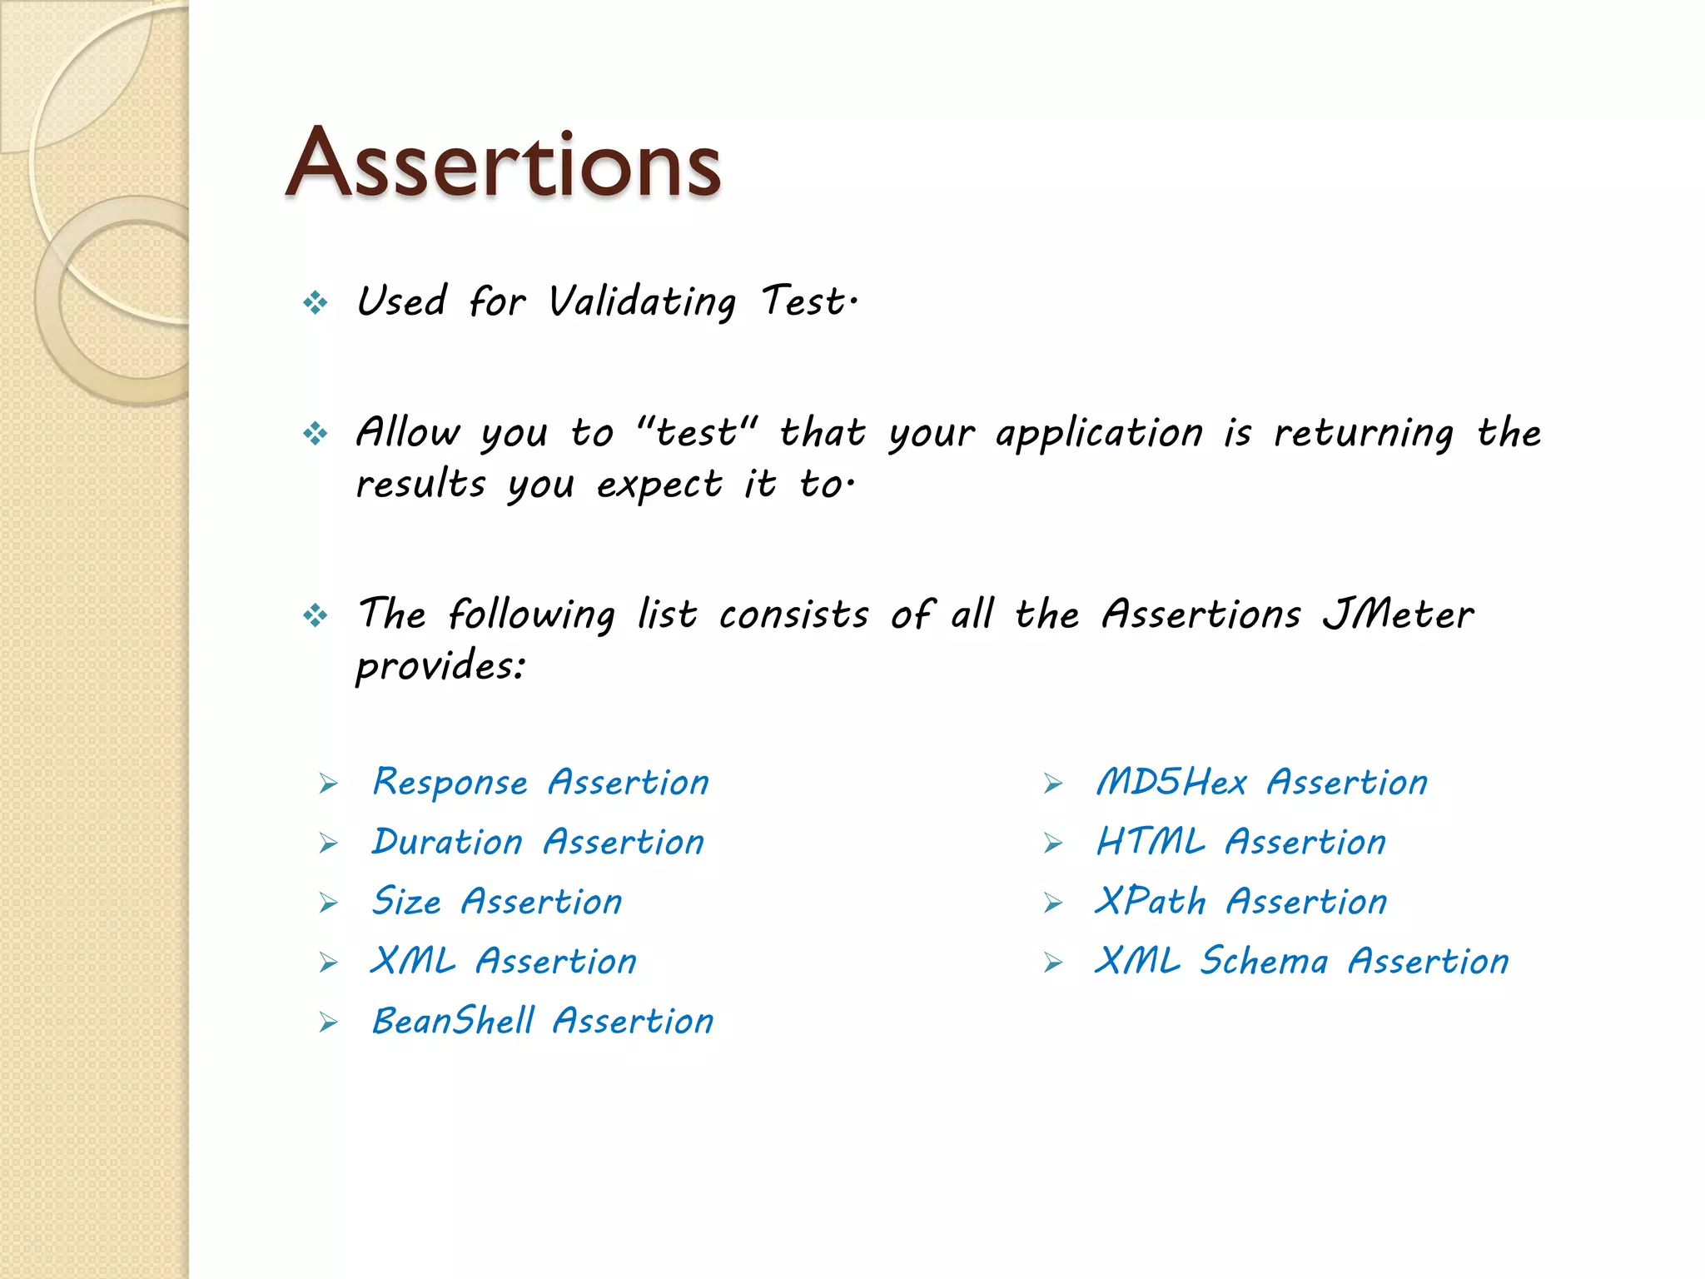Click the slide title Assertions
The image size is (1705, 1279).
click(503, 163)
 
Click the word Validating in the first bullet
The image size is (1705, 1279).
click(642, 301)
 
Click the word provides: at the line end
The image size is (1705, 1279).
click(441, 666)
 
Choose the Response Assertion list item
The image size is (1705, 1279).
click(540, 783)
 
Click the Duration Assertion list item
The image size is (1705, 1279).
click(538, 843)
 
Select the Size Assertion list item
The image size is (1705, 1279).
click(497, 902)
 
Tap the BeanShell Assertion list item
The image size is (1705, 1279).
click(543, 1022)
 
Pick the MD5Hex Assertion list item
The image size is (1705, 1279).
click(1261, 783)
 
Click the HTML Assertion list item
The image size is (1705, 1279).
click(1241, 843)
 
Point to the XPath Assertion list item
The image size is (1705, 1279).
click(1241, 902)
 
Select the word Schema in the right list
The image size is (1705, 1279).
click(1263, 962)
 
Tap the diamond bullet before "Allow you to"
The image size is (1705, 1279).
click(316, 433)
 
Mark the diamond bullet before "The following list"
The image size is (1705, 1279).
click(316, 616)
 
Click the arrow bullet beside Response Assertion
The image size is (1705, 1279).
click(329, 784)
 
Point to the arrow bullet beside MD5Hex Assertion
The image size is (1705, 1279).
click(1053, 784)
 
